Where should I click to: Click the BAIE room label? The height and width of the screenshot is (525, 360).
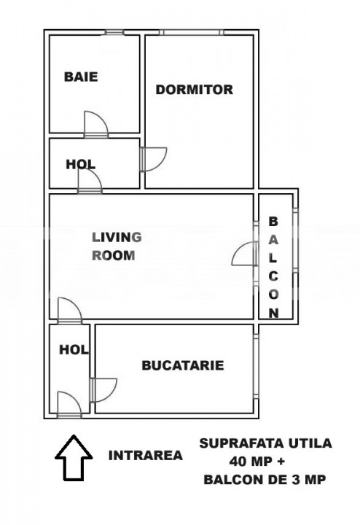click(x=81, y=77)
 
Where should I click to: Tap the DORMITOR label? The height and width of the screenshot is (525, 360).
click(x=195, y=90)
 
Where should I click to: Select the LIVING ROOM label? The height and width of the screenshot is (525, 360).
click(x=117, y=246)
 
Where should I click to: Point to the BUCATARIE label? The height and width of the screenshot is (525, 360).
click(x=183, y=365)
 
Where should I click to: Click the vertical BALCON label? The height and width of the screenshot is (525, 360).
click(x=274, y=267)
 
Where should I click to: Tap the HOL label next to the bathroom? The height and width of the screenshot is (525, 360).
click(x=81, y=164)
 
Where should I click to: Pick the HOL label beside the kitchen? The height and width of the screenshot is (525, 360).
click(x=74, y=350)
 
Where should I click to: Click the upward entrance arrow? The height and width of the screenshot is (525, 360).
click(x=74, y=458)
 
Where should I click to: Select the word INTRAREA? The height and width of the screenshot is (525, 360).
click(x=146, y=455)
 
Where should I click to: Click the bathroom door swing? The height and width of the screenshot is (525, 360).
click(x=96, y=124)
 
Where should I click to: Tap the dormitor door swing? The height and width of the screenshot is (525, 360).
click(x=154, y=160)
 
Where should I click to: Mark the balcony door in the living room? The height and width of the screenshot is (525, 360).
click(x=245, y=254)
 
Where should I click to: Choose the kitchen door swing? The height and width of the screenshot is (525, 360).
click(x=103, y=389)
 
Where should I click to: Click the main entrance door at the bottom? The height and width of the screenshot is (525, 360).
click(x=69, y=405)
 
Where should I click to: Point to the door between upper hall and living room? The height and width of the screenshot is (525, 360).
click(x=90, y=181)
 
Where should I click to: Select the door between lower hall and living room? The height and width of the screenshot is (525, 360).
click(x=69, y=311)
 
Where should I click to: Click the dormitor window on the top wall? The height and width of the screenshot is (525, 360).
click(x=192, y=33)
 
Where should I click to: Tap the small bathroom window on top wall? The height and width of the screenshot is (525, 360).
click(x=114, y=33)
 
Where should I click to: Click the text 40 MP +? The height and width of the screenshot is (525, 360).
click(x=257, y=462)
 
